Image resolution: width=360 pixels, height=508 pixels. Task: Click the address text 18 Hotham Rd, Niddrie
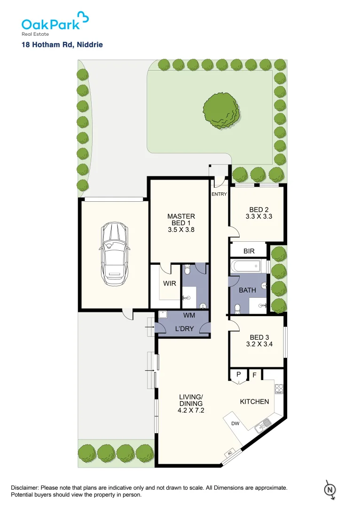62,45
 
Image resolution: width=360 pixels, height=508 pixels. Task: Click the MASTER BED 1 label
181,220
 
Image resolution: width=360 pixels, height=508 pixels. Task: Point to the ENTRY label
219,194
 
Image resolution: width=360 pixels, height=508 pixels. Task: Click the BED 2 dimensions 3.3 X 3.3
258,217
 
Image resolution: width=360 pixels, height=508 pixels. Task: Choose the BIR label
249,252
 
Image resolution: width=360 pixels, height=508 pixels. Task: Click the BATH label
247,290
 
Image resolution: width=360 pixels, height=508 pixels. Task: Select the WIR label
169,284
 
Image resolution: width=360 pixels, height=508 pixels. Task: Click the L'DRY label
184,329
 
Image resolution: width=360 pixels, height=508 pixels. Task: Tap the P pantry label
238,375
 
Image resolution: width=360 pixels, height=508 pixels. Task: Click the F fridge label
254,375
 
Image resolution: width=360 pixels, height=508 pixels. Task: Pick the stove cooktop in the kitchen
279,389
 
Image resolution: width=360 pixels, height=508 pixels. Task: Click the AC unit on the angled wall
230,452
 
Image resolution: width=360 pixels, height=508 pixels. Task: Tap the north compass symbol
330,490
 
